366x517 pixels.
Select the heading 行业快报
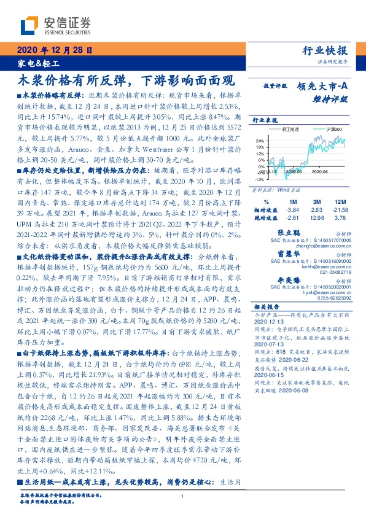click(x=325, y=51)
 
